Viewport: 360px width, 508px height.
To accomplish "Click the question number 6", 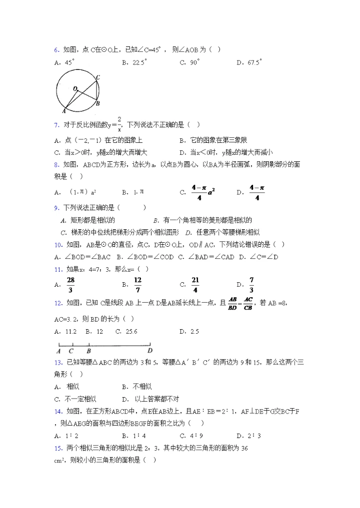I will coord(55,49).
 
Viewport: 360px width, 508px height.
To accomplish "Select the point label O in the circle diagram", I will coord(75,88).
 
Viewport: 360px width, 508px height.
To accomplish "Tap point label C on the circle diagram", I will coord(98,77).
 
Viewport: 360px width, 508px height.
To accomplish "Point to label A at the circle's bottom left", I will coord(64,110).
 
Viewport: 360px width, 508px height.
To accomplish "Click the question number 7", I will coord(55,124).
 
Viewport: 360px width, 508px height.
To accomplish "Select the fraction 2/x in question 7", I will coord(119,123).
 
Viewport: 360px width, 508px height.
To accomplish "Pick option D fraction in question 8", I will coord(256,191).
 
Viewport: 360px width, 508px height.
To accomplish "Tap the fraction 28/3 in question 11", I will coord(70,285).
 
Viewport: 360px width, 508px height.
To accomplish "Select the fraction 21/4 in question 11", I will coord(195,285).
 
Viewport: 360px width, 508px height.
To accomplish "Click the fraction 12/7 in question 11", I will coord(138,285).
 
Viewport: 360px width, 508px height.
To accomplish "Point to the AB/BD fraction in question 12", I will coord(232,303).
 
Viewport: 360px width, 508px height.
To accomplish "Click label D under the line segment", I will coord(149,351).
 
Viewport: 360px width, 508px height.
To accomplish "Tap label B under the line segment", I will coord(88,351).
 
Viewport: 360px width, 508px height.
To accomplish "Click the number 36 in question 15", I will coord(244,448).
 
